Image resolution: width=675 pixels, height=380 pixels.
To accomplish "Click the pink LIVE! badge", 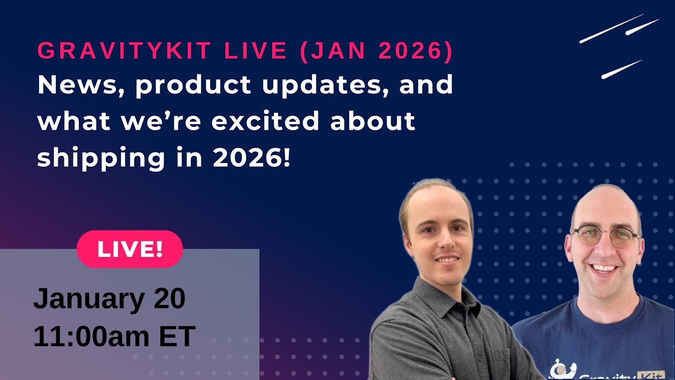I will tap(130, 249).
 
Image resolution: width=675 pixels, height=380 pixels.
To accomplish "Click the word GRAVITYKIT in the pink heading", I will tap(125, 51).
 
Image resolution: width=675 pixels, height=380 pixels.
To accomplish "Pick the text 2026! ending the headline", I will tap(252, 157).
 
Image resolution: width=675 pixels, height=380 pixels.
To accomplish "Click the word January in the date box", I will tap(89, 299).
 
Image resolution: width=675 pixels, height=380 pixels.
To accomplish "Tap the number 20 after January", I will tap(170, 299).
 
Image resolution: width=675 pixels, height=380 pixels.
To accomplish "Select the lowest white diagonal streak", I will tap(621, 70).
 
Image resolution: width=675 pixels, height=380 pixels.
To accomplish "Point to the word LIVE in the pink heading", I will tap(256, 51).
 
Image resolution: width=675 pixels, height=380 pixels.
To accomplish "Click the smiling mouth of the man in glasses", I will tap(605, 269).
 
